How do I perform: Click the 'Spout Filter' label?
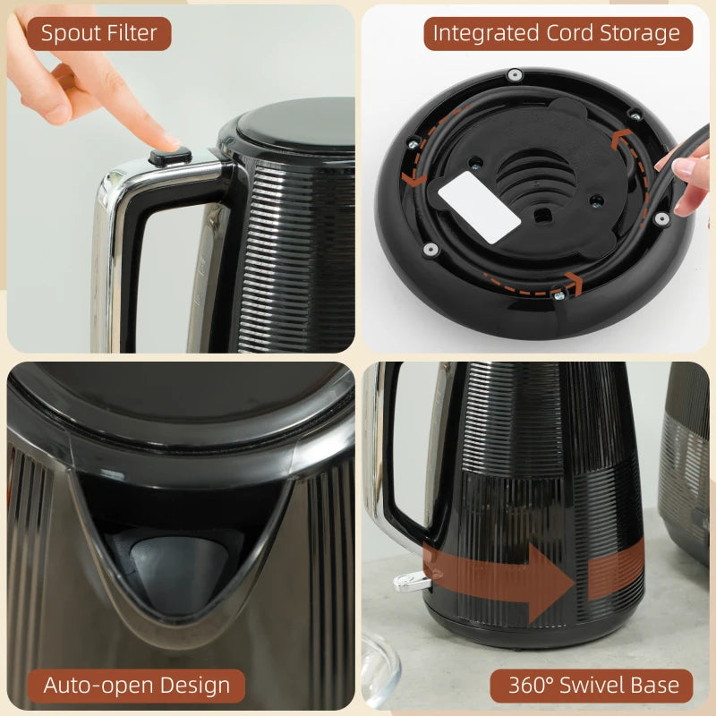click(98, 34)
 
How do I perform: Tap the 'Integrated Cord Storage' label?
click(557, 34)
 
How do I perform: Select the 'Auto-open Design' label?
click(136, 686)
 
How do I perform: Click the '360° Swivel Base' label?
click(593, 686)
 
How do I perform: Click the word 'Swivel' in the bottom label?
click(601, 686)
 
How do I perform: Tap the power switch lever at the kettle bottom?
click(407, 584)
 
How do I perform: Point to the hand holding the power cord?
click(689, 179)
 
